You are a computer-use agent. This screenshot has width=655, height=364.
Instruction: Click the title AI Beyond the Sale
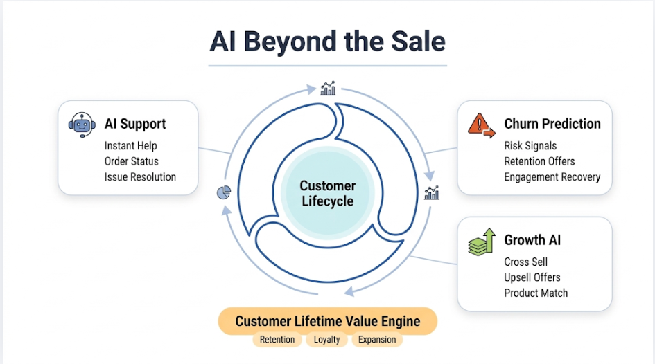327,42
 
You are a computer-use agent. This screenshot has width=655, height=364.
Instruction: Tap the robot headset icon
82,125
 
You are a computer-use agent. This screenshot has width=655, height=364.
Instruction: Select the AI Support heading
135,124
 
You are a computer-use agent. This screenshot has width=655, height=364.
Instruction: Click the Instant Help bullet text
131,146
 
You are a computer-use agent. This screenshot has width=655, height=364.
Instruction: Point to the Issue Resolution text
140,176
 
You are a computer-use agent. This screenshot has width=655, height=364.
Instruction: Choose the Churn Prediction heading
552,124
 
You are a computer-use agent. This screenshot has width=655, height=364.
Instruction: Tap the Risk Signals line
530,146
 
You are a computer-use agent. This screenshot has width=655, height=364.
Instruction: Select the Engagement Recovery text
552,176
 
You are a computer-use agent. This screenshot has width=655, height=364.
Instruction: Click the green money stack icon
482,242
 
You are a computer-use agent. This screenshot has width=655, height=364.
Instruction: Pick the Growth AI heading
532,240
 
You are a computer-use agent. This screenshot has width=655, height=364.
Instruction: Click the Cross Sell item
525,262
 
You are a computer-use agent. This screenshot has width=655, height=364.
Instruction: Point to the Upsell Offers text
532,277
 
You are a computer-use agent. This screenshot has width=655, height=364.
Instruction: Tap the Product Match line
536,293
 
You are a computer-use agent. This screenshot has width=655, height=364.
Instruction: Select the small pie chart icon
224,192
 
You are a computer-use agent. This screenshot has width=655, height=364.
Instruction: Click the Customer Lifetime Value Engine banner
327,321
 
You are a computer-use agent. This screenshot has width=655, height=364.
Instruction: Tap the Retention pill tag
277,339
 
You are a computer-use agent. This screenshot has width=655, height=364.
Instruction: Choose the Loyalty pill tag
326,339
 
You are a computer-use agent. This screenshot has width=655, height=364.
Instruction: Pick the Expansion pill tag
377,339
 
